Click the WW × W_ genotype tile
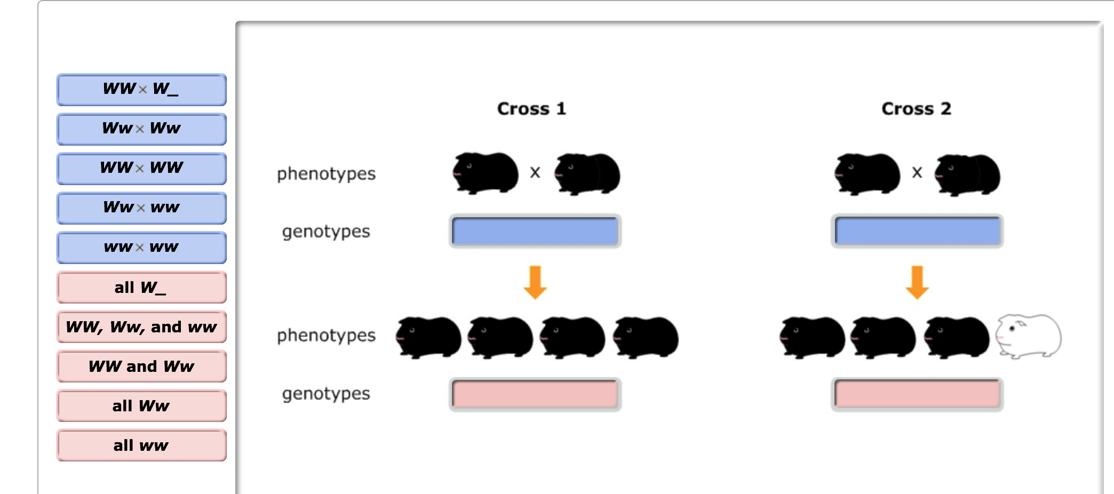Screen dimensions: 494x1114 (x=141, y=90)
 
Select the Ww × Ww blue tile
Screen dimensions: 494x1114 (x=141, y=129)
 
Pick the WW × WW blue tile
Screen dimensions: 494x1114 (x=141, y=169)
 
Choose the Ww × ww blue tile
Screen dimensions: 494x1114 (x=141, y=208)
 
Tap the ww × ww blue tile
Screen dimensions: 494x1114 (x=141, y=248)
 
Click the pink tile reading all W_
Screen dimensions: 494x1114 (x=141, y=288)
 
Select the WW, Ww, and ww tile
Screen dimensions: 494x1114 (x=141, y=327)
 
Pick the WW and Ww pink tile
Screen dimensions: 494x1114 (x=141, y=366)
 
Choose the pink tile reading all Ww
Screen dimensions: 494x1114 (x=141, y=406)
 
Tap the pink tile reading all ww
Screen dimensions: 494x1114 (x=141, y=445)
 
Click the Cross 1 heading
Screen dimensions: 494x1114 (x=531, y=109)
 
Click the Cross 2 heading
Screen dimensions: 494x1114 (x=916, y=109)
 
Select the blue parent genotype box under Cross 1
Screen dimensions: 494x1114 (x=535, y=231)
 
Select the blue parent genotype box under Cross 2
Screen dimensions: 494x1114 (x=917, y=231)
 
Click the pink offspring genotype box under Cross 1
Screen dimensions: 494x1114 (x=535, y=394)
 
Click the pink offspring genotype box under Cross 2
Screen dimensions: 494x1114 (x=917, y=394)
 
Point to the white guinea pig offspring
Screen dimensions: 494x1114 (x=1029, y=336)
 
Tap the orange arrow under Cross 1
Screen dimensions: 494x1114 (x=535, y=282)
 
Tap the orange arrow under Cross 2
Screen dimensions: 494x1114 (x=917, y=282)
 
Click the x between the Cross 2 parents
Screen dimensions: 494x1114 (x=917, y=172)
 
